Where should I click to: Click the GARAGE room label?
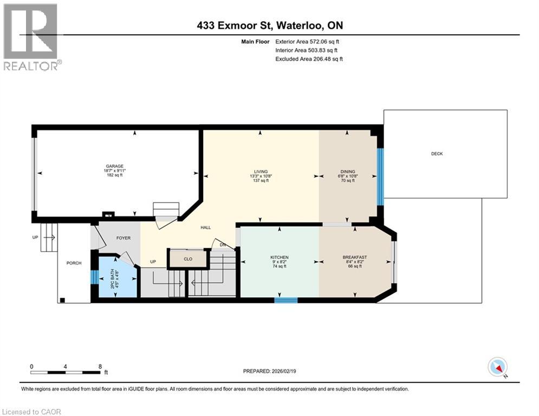(114, 166)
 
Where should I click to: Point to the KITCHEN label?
(280, 257)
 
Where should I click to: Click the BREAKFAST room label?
(355, 257)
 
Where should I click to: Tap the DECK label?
(437, 154)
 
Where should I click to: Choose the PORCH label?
(74, 263)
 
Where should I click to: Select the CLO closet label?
(188, 259)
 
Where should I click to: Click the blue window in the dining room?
(380, 177)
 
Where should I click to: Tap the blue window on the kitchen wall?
(285, 300)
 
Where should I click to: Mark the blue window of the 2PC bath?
(93, 277)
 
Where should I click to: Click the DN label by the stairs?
(222, 245)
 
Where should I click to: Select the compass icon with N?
(497, 367)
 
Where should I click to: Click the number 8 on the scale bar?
(100, 366)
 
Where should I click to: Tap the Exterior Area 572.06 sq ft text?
(309, 41)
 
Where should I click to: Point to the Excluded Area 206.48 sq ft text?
(309, 59)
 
